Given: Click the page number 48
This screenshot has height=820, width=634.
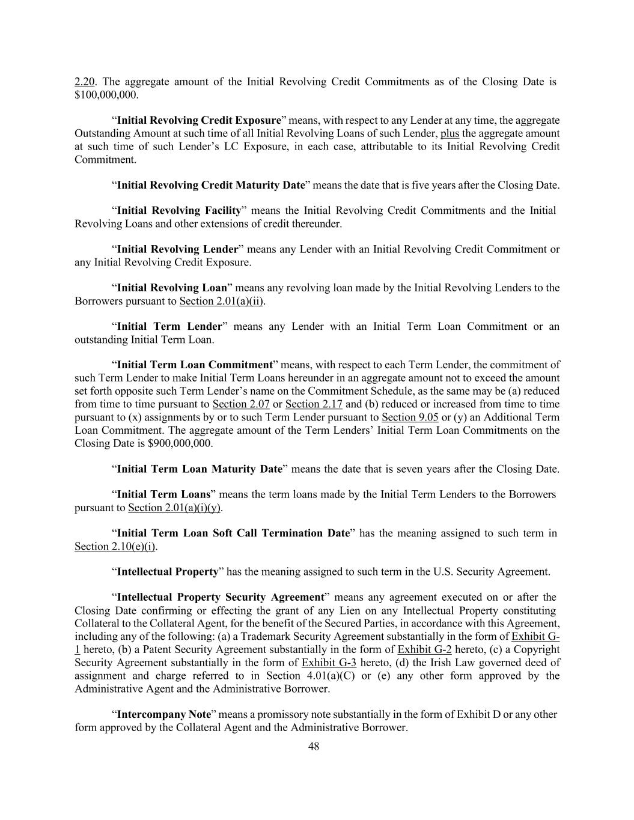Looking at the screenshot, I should tap(313, 747).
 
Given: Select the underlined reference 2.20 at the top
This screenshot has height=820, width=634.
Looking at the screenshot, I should tap(84, 82).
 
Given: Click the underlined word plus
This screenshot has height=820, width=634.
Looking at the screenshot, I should tap(450, 133).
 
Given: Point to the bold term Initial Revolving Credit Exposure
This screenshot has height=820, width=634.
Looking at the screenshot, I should tap(199, 120).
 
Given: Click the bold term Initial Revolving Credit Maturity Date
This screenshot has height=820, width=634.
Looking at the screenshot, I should tap(211, 185).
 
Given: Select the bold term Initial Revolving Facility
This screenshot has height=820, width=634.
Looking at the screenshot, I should tap(178, 210).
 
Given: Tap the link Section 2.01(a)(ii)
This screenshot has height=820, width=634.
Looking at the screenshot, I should tap(222, 301).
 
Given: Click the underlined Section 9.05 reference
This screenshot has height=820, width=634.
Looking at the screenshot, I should tap(410, 418).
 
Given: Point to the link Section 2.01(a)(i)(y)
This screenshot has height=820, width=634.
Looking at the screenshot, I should tap(174, 508).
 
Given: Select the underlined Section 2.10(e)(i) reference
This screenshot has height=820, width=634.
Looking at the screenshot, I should tap(115, 547).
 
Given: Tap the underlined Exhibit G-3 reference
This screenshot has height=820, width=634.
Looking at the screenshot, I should tap(329, 663).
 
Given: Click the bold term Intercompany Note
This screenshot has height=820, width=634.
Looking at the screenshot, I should tap(164, 714).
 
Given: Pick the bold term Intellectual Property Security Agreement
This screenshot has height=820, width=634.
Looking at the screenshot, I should tap(221, 597).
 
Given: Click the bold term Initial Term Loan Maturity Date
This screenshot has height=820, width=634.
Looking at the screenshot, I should tap(200, 469).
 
